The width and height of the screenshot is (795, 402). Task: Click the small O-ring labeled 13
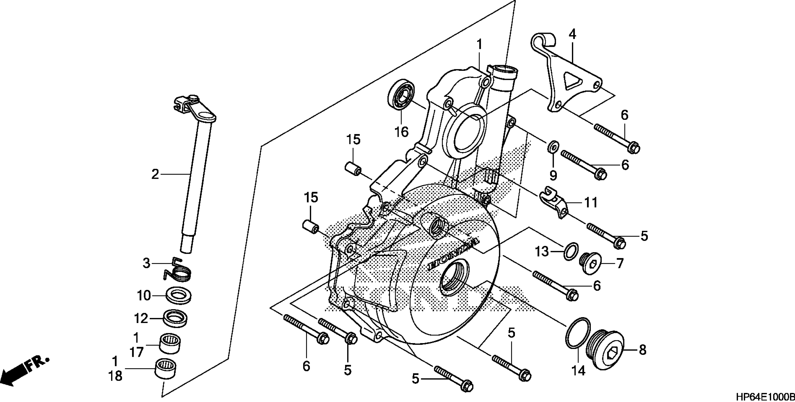[570, 251]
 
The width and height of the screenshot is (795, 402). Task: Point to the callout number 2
[155, 175]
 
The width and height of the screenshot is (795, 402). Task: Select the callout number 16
[401, 132]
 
